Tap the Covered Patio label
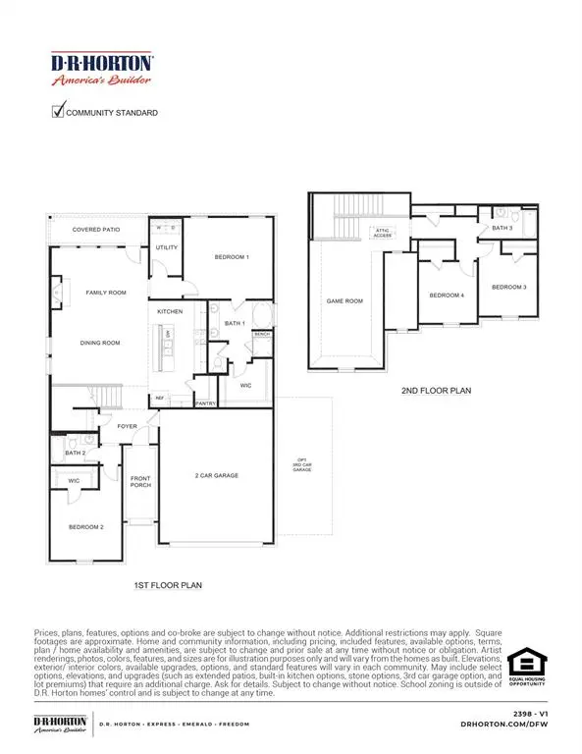pos(96,230)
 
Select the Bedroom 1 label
pos(232,257)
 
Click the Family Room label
pos(106,293)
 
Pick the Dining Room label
pos(100,343)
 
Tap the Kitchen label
pos(171,311)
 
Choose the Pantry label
pos(204,403)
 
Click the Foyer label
pos(128,427)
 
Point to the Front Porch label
pos(141,481)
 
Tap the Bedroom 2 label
pos(85,527)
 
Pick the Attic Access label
pos(380,233)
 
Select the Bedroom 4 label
pos(447,295)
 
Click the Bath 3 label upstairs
pos(502,228)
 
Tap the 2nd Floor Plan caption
pos(436,390)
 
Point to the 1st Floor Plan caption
pos(167,585)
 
